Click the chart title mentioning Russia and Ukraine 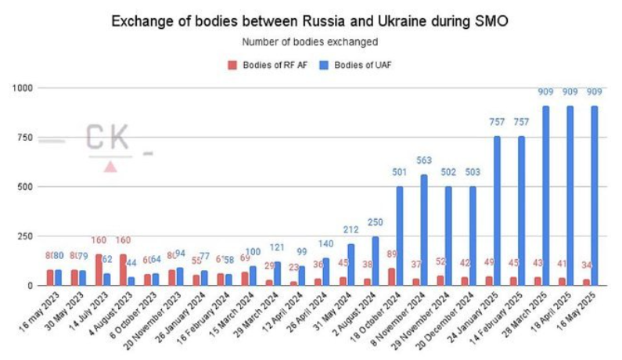point(310,21)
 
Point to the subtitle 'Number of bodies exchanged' point(310,41)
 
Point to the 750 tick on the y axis point(24,138)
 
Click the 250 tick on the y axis point(24,236)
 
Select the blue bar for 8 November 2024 point(424,230)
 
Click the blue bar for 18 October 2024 point(400,236)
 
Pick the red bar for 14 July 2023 point(99,270)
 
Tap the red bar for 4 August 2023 point(123,270)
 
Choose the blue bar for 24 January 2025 point(497,211)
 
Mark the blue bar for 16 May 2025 point(595,196)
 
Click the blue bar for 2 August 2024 point(376,261)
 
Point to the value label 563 point(424,161)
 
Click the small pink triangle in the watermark point(110,166)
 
